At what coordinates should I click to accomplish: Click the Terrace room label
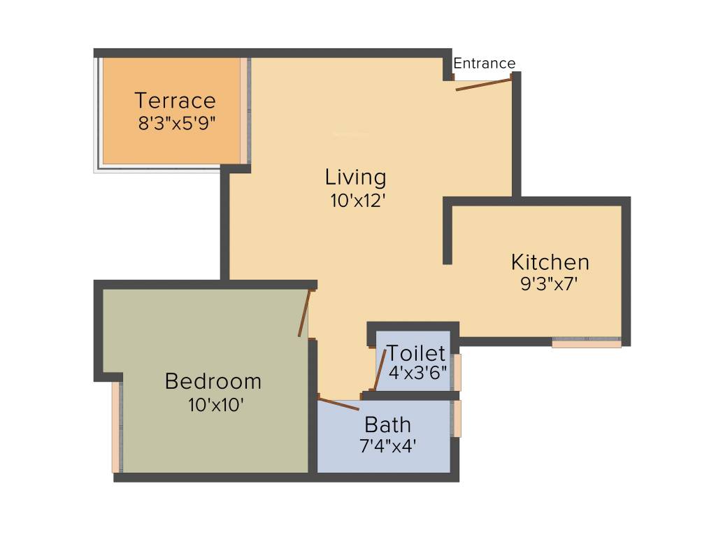(x=176, y=101)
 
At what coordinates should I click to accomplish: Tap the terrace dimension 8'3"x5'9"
(x=176, y=124)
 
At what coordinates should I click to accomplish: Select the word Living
(x=355, y=178)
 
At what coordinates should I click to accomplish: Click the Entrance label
(x=485, y=64)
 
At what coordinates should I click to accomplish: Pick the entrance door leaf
(x=484, y=85)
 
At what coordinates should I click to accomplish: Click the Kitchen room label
(x=550, y=262)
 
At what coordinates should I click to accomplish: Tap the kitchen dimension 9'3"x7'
(x=550, y=285)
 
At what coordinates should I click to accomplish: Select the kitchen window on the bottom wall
(x=586, y=343)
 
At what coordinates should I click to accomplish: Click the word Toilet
(x=416, y=353)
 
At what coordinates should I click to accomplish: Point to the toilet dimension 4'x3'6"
(x=417, y=373)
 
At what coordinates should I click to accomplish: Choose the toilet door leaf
(x=380, y=370)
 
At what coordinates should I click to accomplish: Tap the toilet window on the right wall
(x=457, y=372)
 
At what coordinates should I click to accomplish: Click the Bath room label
(x=387, y=424)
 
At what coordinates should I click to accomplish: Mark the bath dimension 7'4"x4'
(x=388, y=446)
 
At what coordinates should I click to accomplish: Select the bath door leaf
(x=338, y=403)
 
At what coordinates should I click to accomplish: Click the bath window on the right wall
(x=457, y=418)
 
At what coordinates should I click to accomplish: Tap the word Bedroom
(x=213, y=382)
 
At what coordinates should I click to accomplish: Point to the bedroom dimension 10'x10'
(x=215, y=405)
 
